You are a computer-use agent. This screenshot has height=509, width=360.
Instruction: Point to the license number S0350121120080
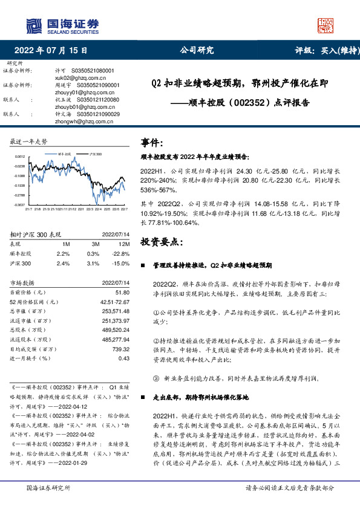(x=91, y=100)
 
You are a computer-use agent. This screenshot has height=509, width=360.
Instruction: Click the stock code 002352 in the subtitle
(x=249, y=103)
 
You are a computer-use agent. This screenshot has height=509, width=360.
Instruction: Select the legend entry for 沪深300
(x=95, y=155)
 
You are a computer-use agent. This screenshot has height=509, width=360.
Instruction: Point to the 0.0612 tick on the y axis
(x=19, y=156)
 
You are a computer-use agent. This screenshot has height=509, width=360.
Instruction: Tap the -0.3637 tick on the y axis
(x=19, y=206)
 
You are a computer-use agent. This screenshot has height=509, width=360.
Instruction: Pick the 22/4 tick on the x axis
(x=97, y=210)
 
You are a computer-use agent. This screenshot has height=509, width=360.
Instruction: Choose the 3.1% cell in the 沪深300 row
(x=93, y=264)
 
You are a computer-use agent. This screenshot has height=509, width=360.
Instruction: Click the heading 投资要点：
(x=162, y=241)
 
